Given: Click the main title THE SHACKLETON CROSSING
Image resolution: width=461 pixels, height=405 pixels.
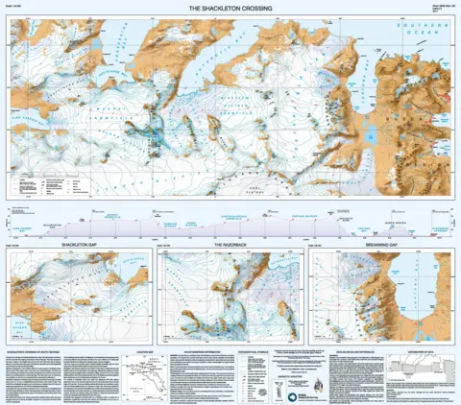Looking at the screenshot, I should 231,8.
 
